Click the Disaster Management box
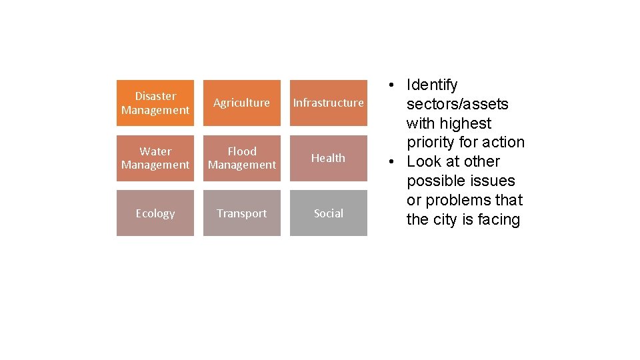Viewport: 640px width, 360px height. pyautogui.click(x=155, y=103)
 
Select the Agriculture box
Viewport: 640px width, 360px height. pyautogui.click(x=241, y=103)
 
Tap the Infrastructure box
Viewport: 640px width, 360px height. pyautogui.click(x=328, y=103)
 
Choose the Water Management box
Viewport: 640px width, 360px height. pyautogui.click(x=155, y=158)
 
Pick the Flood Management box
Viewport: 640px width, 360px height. pyautogui.click(x=241, y=158)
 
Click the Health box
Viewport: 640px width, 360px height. pyautogui.click(x=328, y=158)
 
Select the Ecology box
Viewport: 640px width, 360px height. pyautogui.click(x=155, y=213)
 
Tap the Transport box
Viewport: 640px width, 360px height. pyautogui.click(x=241, y=213)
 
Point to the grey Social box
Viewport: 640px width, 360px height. pyautogui.click(x=328, y=213)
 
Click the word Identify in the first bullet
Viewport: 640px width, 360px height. pyautogui.click(x=432, y=85)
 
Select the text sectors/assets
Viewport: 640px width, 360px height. pyautogui.click(x=457, y=105)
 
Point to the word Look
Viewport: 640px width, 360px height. pyautogui.click(x=423, y=162)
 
